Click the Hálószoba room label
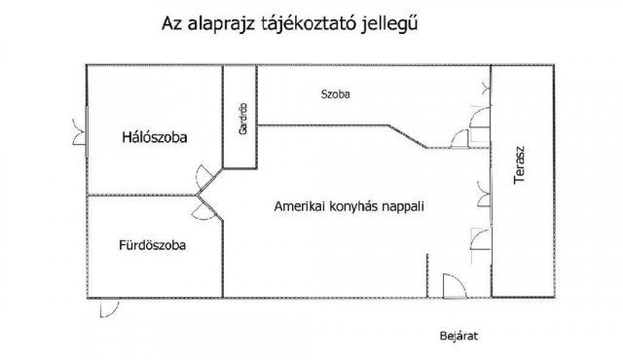pyautogui.click(x=154, y=138)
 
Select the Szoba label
pyautogui.click(x=335, y=94)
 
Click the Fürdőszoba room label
pyautogui.click(x=153, y=245)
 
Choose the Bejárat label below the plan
pyautogui.click(x=459, y=337)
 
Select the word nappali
pyautogui.click(x=407, y=207)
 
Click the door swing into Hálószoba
pyautogui.click(x=205, y=177)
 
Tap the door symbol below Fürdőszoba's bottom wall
pyautogui.click(x=113, y=308)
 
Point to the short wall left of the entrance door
pyautogui.click(x=427, y=275)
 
